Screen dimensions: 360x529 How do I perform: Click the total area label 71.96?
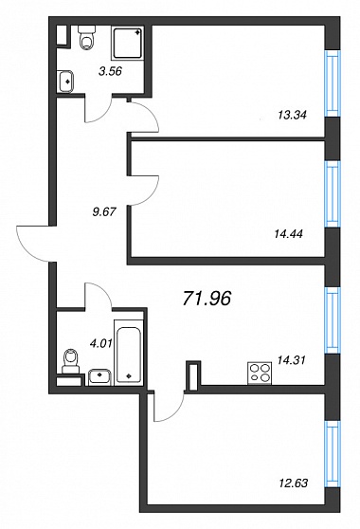click(207, 299)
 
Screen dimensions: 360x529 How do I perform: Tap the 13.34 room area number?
click(292, 115)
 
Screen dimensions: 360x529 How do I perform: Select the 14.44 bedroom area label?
click(289, 233)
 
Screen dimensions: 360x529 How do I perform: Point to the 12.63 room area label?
click(294, 483)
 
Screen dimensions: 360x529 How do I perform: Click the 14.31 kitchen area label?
click(291, 360)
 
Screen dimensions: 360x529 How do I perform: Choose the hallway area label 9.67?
click(104, 211)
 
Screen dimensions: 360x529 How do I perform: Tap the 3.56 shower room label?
click(110, 71)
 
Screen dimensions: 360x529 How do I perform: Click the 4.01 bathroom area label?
click(100, 343)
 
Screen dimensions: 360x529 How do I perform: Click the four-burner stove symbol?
click(260, 373)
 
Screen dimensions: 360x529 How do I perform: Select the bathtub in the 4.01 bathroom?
click(129, 353)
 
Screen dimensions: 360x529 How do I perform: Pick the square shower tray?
click(127, 44)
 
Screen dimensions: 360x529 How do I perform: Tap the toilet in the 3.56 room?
click(86, 38)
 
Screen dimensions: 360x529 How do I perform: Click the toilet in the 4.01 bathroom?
click(71, 361)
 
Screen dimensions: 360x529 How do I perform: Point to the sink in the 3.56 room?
click(65, 82)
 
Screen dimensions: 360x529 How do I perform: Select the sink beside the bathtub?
click(99, 377)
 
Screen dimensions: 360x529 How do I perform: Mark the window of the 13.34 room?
click(333, 83)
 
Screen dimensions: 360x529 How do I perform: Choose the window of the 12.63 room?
click(333, 454)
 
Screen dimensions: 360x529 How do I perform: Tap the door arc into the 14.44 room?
click(144, 191)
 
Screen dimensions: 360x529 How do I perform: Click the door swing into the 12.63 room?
click(169, 407)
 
